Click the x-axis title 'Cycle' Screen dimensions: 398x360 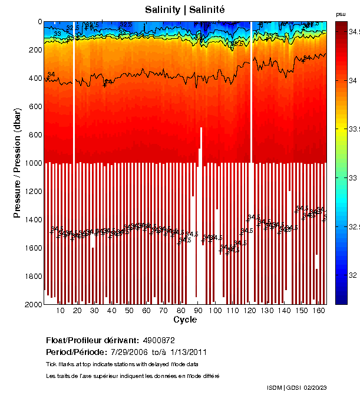[x=185, y=320]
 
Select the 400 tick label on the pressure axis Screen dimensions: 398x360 [x=34, y=78]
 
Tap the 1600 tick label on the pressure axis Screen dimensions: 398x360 [x=32, y=248]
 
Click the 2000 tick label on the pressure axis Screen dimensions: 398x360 [x=32, y=304]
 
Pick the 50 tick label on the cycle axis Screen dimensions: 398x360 [x=129, y=311]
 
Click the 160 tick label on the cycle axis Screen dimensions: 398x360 [x=319, y=311]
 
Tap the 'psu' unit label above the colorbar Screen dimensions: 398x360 [x=341, y=14]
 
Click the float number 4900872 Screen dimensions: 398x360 [x=158, y=340]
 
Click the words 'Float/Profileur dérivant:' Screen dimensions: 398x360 [x=92, y=340]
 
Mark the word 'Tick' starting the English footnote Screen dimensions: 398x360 [x=51, y=363]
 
